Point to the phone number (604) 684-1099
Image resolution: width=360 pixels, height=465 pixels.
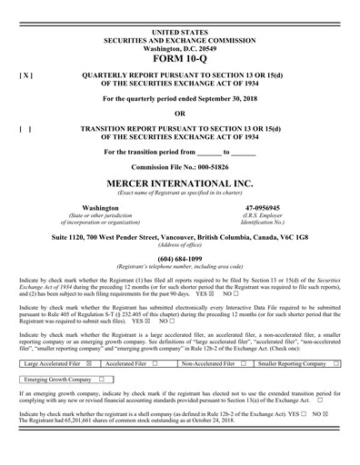(x=180, y=260)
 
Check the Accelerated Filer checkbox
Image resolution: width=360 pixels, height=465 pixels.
(x=155, y=363)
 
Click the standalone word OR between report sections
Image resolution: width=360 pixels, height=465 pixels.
(x=180, y=114)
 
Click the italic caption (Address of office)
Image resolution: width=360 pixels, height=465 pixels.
(x=180, y=245)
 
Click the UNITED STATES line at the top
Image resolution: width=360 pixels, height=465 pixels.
(x=180, y=7)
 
